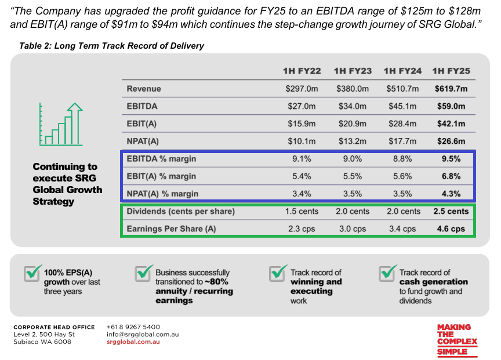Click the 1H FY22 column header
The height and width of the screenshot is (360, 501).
point(302,71)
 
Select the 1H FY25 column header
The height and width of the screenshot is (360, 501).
point(451,71)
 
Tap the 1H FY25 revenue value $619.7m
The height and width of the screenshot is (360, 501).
point(451,89)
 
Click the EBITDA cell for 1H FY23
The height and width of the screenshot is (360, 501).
point(353,106)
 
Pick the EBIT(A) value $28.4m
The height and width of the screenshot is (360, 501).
point(402,124)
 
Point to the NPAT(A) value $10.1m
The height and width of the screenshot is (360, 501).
point(302,141)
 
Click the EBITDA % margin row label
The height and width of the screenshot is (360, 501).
point(161,159)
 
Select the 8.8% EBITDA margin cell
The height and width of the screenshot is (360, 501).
point(402,159)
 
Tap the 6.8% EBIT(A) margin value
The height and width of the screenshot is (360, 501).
point(451,176)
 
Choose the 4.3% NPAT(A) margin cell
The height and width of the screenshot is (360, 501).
point(451,194)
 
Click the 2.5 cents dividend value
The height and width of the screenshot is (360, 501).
point(451,212)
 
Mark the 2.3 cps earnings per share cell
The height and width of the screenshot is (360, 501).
point(302,229)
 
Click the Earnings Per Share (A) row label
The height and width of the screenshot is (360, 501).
point(171,229)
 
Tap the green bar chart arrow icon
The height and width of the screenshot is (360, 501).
point(61,124)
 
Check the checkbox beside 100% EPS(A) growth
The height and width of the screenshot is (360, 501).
point(32,273)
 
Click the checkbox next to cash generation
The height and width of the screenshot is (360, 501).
point(388,273)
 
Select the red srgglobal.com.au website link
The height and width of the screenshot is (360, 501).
point(133,342)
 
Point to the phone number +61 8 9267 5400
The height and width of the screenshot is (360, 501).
point(133,327)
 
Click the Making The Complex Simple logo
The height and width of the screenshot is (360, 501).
point(458,340)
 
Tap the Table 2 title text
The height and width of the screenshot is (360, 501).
point(111,46)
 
